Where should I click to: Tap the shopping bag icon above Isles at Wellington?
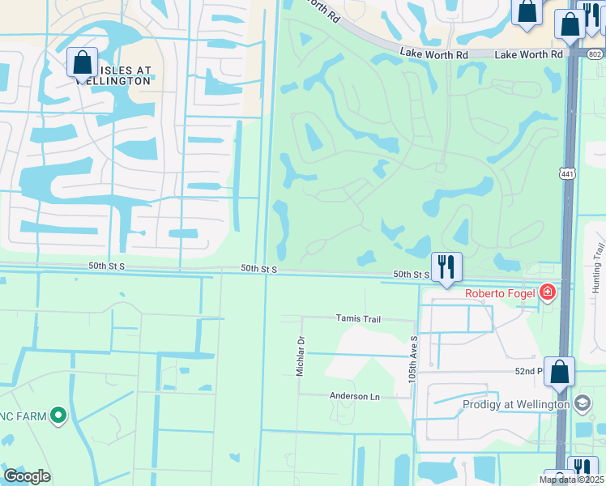click(83, 62)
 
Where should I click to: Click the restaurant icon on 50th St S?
click(446, 266)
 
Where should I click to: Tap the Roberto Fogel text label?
click(499, 293)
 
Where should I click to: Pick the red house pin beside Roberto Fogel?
click(548, 292)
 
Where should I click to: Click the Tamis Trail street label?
click(358, 319)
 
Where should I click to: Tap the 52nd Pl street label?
click(528, 371)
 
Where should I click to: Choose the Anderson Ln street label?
click(354, 396)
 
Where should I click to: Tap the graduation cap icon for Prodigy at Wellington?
click(582, 403)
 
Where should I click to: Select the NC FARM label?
click(22, 416)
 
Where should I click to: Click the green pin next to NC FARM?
click(58, 416)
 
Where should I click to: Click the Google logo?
click(27, 476)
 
